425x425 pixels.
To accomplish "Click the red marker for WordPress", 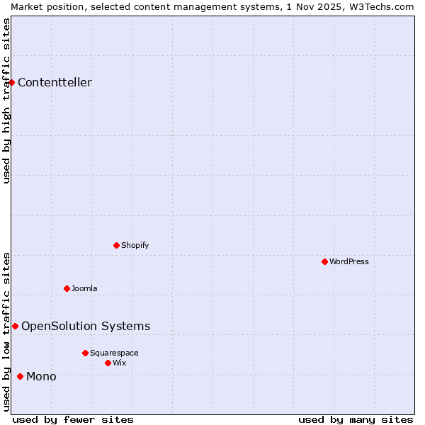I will pos(324,261).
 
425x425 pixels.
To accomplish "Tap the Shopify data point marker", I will pos(116,245).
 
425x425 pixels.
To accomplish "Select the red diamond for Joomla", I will pos(67,288).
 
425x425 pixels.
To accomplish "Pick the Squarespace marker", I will pos(85,353).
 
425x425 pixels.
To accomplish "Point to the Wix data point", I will pos(108,363).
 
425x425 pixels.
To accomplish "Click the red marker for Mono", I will pos(20,376).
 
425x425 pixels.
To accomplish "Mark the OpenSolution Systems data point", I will pos(15,326).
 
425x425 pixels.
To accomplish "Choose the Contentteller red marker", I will pos(12,82).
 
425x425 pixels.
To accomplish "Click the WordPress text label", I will pos(349,261).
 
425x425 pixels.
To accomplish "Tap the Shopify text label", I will pos(135,245).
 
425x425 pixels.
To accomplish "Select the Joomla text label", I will pos(84,288).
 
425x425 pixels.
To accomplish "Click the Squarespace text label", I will pos(114,353).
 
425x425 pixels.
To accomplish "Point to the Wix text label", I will pos(120,363).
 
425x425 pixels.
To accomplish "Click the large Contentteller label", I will pos(55,82).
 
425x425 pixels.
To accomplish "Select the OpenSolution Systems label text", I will pos(86,326).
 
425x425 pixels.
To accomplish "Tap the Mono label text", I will pos(41,376).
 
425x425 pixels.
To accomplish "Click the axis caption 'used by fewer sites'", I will pos(73,419).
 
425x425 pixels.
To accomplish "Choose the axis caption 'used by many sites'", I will pos(356,419).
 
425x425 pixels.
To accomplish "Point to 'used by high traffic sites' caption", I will pos(6,101).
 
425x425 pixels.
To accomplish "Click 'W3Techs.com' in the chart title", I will pos(380,6).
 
